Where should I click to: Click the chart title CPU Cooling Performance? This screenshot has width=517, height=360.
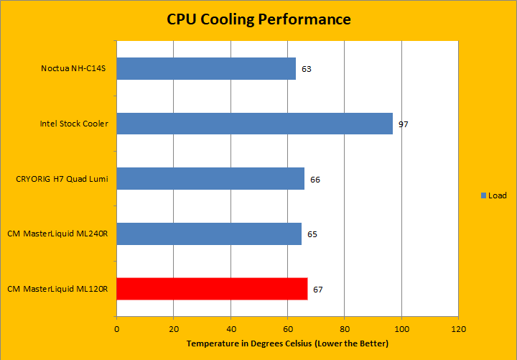coord(258,19)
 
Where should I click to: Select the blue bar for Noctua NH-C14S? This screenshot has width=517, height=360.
coord(205,69)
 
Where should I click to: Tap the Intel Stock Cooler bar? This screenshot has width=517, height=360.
coord(254,124)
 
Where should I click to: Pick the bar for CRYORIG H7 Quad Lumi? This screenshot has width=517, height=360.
coord(210,179)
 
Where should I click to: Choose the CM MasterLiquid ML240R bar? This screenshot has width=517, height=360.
coord(208,234)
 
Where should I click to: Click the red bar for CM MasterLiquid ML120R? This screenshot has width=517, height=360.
coord(211,289)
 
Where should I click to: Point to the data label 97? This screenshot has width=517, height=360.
coord(404,124)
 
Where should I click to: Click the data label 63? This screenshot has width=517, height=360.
coord(307,70)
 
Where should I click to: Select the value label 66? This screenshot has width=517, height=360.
coord(315,180)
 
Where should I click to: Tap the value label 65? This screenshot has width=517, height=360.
coord(312,234)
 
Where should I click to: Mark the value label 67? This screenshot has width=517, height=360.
coord(318,290)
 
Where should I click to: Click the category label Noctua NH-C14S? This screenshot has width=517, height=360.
coord(75,69)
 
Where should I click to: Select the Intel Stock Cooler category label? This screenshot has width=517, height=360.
coord(74,124)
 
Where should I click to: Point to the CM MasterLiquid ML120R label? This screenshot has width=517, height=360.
coord(57,289)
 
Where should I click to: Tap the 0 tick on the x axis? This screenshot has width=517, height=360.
coord(116,330)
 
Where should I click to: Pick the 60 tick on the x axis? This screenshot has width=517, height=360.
coord(287,330)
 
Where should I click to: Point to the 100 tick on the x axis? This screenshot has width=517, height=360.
coord(401,330)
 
